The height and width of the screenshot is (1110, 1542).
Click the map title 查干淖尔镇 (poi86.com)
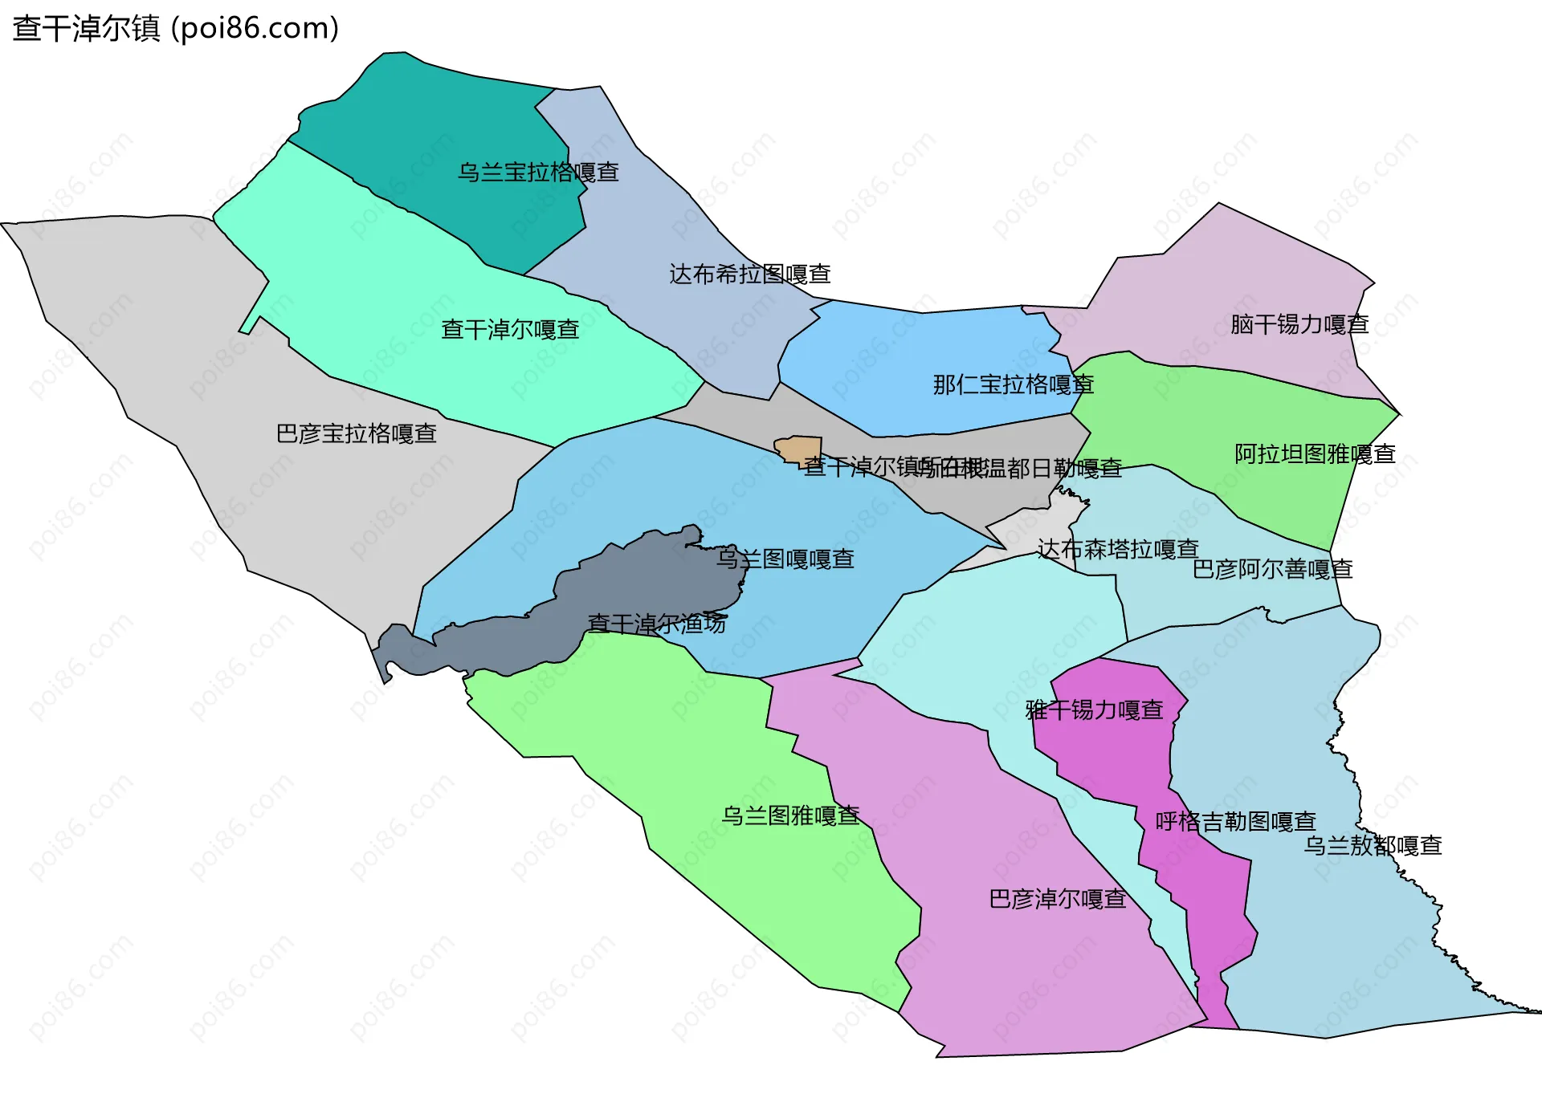click(x=175, y=29)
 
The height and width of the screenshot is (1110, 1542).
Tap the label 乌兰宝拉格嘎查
click(x=538, y=173)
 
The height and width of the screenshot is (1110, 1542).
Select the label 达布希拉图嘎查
click(x=750, y=274)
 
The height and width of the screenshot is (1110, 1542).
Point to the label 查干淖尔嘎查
click(x=510, y=330)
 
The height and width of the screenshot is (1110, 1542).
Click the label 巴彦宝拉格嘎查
click(x=357, y=434)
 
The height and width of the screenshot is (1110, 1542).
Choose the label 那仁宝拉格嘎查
click(x=1013, y=385)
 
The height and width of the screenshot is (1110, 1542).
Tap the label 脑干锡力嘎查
click(x=1299, y=325)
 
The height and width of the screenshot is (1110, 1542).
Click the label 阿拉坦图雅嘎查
click(x=1315, y=454)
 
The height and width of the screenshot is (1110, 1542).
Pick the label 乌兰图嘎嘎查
click(x=785, y=559)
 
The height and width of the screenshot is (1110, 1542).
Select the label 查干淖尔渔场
click(x=656, y=624)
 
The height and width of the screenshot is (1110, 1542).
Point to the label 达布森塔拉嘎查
click(x=1118, y=550)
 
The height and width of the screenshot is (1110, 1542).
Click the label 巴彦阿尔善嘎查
click(x=1272, y=570)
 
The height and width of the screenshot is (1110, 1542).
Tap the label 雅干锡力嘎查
click(x=1095, y=710)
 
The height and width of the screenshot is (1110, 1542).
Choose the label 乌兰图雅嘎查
click(x=790, y=816)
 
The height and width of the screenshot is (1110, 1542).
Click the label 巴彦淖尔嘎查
click(x=1058, y=899)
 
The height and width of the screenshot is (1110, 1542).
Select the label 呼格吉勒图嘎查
click(x=1235, y=822)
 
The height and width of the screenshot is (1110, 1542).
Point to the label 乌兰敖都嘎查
click(x=1373, y=846)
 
